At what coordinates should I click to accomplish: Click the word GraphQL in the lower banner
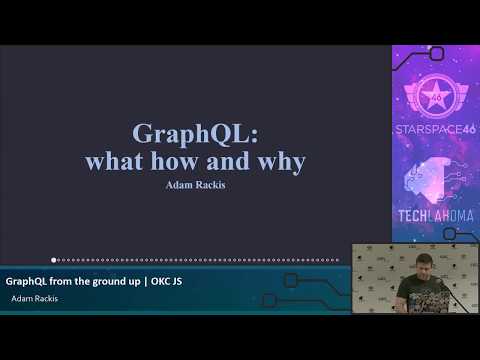pos(27,281)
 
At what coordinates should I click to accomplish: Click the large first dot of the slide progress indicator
pos(54,260)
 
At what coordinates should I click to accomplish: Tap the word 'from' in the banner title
pos(63,281)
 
